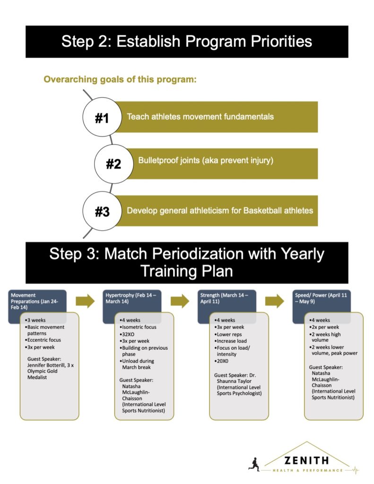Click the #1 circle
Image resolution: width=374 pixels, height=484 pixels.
coord(102,117)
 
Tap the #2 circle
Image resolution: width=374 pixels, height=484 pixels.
coord(113,164)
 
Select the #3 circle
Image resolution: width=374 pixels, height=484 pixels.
coord(102,211)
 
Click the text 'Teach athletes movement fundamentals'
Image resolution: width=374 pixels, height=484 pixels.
coord(200,117)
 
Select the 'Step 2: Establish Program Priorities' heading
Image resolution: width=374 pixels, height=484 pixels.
coord(187,42)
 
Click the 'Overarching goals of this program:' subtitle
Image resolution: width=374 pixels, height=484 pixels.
coord(120,79)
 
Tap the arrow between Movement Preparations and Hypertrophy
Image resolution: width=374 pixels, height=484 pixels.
coord(85,301)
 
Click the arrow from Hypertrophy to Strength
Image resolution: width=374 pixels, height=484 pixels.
coord(180,301)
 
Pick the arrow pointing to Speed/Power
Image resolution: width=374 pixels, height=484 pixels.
coord(275,301)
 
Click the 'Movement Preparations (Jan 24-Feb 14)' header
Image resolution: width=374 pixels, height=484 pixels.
coord(35,301)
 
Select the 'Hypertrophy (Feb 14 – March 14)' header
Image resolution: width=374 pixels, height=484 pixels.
coord(130,298)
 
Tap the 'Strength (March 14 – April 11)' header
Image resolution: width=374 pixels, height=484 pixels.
coord(224,298)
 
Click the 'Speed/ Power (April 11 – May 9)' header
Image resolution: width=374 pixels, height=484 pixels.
coord(321,298)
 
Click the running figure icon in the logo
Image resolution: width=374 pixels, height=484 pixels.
coord(254,464)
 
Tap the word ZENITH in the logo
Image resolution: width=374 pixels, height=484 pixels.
coord(306,461)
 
